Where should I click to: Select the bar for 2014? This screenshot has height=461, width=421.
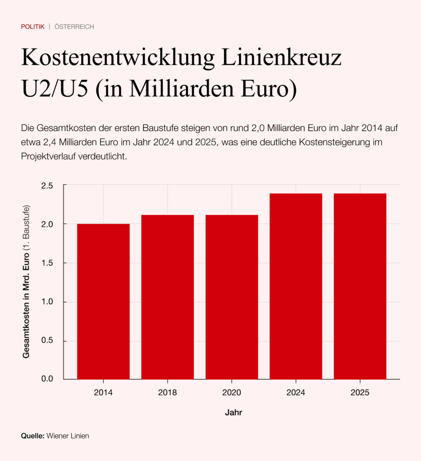click(x=103, y=301)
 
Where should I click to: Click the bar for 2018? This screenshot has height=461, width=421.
click(x=167, y=297)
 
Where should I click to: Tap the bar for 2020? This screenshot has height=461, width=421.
click(x=232, y=297)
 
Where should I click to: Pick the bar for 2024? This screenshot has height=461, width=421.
click(x=296, y=286)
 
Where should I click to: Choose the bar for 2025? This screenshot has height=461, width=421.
click(x=360, y=286)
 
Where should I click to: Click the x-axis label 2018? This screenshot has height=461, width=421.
click(x=167, y=393)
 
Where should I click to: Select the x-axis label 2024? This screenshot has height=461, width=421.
click(x=296, y=393)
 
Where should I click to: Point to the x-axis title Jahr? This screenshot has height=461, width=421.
click(x=233, y=412)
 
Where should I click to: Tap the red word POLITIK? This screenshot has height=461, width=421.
click(x=32, y=27)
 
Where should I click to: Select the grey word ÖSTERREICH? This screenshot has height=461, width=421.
click(x=74, y=27)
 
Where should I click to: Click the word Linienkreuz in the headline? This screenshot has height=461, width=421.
click(x=278, y=59)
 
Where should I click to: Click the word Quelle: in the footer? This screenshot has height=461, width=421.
click(x=32, y=436)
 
